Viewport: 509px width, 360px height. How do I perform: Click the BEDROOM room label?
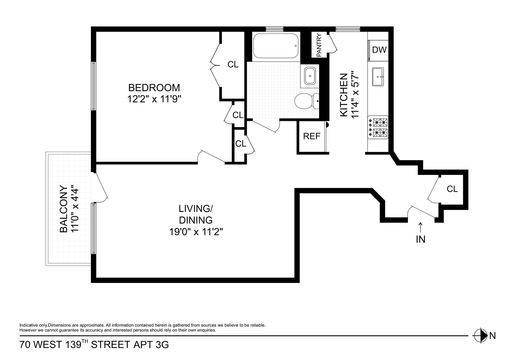[154, 87]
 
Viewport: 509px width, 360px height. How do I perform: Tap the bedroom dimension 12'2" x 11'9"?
[154, 99]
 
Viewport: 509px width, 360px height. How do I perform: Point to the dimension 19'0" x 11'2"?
[196, 232]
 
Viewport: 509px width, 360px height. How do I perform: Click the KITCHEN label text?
[344, 95]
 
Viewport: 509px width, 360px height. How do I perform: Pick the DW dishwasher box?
[379, 50]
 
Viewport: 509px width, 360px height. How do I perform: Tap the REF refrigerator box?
[312, 136]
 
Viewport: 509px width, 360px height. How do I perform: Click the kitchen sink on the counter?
[378, 77]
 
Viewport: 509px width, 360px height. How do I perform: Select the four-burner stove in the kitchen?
[378, 127]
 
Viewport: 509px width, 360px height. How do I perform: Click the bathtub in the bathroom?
[276, 46]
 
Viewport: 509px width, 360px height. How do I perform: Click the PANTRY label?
[319, 45]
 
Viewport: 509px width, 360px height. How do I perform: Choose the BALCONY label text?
[64, 209]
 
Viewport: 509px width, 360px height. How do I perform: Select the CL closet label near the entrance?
[452, 189]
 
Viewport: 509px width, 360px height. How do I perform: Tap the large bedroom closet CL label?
[233, 64]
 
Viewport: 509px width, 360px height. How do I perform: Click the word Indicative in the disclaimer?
[28, 325]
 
